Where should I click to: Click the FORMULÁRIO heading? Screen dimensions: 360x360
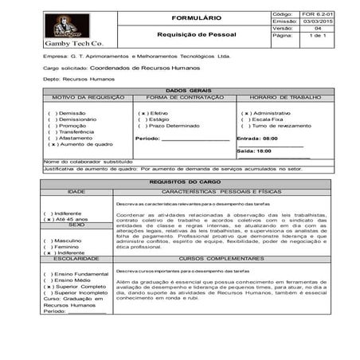180,17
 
